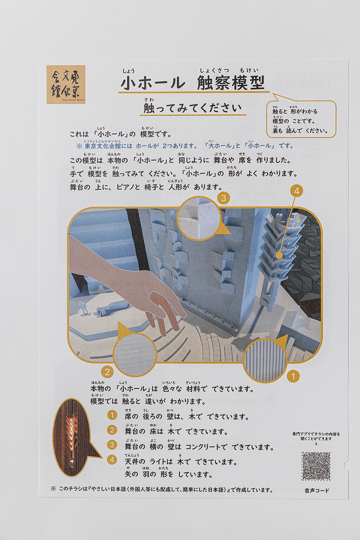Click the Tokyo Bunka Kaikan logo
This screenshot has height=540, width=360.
pos(66,85)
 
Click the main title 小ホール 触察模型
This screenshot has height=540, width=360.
pos(191,84)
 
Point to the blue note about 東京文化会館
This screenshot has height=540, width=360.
pos(184,146)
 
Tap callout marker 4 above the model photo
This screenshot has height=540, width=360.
pos(296,191)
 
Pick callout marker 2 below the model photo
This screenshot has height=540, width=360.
pos(107,372)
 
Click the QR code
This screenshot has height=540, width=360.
pos(316,466)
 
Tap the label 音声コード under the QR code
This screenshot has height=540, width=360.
pos(316,490)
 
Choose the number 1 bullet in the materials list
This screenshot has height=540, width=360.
pos(112,416)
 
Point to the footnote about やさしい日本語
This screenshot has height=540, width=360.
pos(162,490)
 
